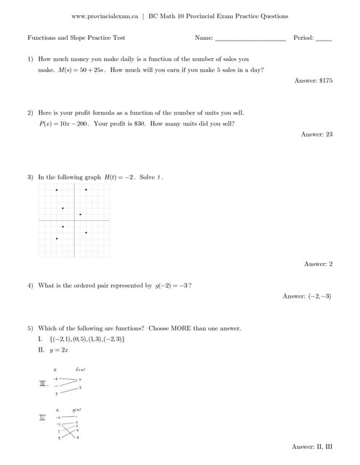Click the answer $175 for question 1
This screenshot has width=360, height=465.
313,81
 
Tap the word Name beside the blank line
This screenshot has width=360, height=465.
204,37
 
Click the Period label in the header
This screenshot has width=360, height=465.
303,37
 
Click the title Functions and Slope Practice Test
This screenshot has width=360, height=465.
76,37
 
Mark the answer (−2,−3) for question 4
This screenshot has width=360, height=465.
308,296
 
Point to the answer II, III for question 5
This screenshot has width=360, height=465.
312,445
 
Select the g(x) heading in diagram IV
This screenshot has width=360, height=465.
76,411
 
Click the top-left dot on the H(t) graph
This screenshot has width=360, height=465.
57,190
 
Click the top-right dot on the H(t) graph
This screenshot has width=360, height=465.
86,190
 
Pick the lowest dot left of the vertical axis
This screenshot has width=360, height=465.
57,238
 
